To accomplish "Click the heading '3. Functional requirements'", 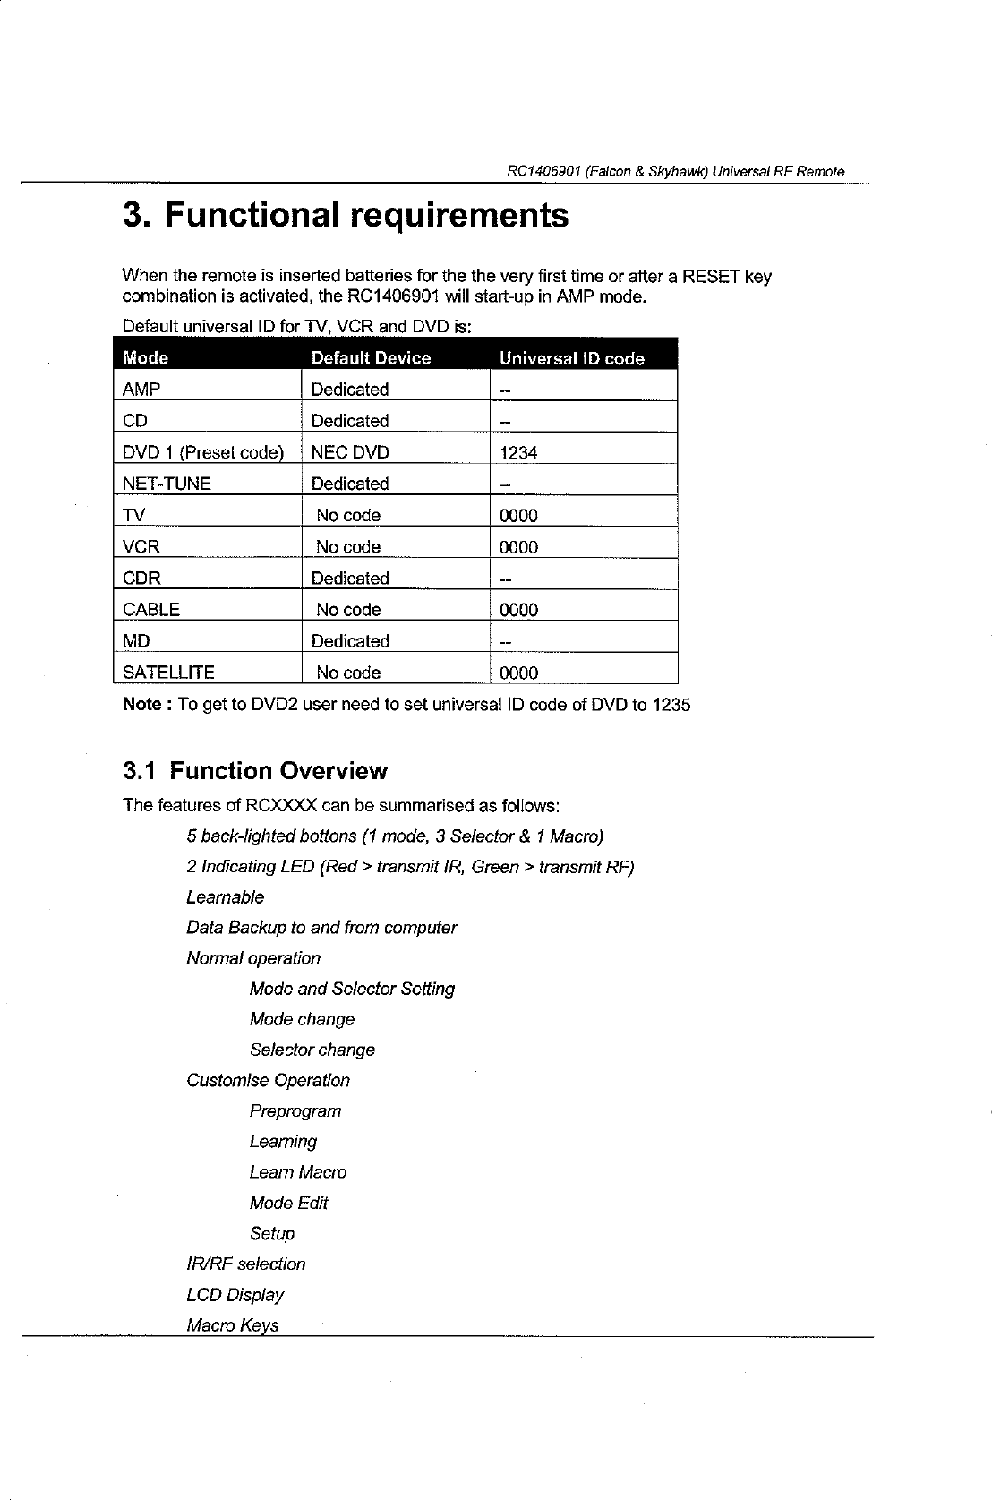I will coord(345,217).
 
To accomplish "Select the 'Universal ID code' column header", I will coord(571,358).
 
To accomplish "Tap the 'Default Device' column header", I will coord(371,358).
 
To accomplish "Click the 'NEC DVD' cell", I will coord(349,452).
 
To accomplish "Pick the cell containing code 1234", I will coord(518,453).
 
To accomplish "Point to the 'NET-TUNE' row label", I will coord(167,484).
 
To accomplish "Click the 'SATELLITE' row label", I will coord(168,673).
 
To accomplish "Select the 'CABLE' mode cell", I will coord(151,610).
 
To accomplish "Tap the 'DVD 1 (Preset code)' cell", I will coord(203,452).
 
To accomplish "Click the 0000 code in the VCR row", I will coord(518,547).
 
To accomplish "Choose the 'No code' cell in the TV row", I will coord(348,516).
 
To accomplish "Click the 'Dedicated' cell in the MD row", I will coord(350,641).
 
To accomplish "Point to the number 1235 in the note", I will coord(671,705).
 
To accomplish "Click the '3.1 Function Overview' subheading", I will coord(255,771).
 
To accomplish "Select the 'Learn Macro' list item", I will coord(298,1172).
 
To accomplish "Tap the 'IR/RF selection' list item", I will coord(245,1264).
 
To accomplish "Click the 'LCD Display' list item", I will coord(235,1295).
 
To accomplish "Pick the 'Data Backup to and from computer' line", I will coord(321,928).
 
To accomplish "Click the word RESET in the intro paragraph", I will coord(712,277).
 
